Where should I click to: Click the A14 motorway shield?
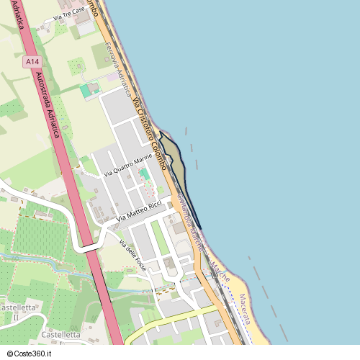click(x=31, y=63)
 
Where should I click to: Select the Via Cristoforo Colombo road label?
click(x=149, y=133)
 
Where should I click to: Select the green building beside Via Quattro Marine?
click(x=145, y=174)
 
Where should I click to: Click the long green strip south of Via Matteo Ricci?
click(x=160, y=238)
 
